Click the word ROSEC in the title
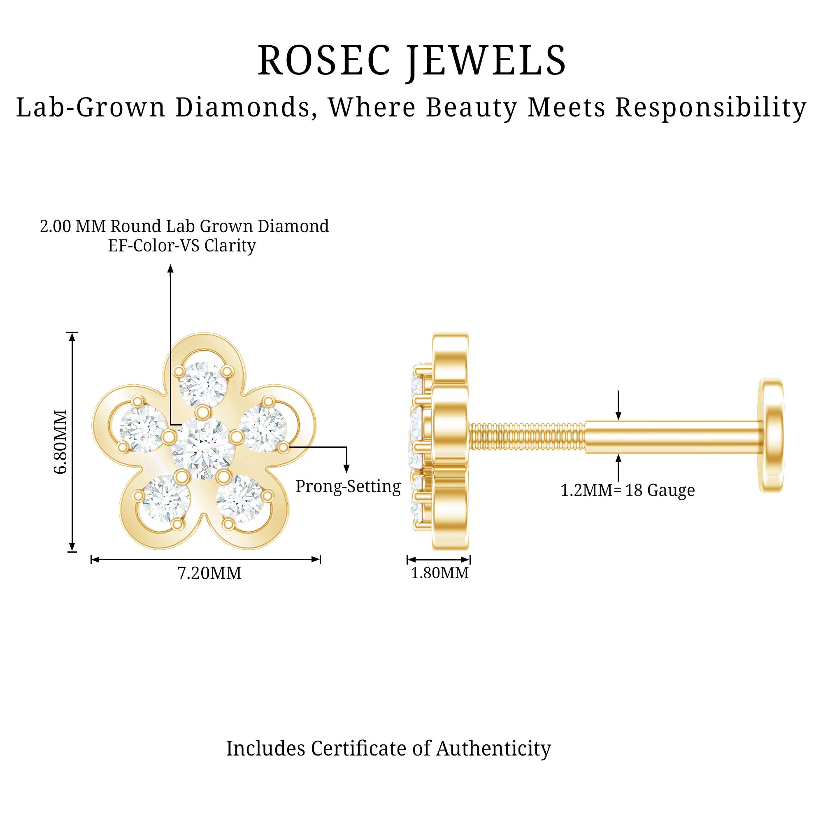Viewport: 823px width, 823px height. pos(324,60)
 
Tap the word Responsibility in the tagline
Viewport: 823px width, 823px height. pos(711,107)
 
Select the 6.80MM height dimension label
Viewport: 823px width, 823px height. pos(61,441)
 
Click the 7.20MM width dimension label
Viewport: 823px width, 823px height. pos(209,573)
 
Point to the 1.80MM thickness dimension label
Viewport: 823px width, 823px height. pos(439,573)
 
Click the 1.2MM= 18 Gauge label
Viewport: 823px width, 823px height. pos(628,491)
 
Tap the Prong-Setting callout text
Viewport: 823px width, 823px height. pos(348,486)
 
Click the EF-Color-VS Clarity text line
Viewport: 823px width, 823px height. pos(182,246)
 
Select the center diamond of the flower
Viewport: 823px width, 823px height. pos(203,448)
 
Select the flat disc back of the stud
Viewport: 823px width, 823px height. pos(771,435)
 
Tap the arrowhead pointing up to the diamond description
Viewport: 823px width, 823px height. pos(170,268)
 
